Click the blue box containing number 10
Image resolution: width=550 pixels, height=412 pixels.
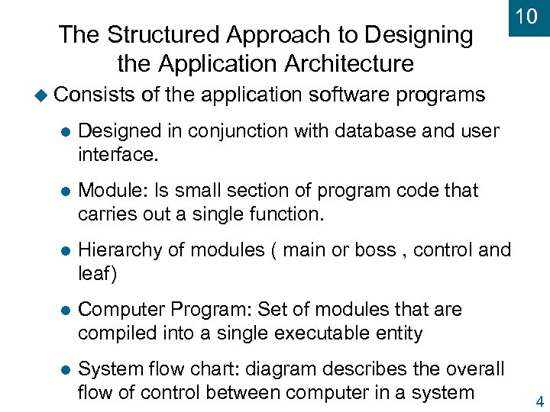[x=526, y=18]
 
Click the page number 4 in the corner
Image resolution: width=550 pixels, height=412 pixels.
[x=540, y=402]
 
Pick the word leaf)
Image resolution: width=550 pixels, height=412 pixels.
[x=98, y=274]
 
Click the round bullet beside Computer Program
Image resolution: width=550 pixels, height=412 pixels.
[x=65, y=311]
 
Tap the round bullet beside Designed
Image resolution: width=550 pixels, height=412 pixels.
[x=65, y=131]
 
